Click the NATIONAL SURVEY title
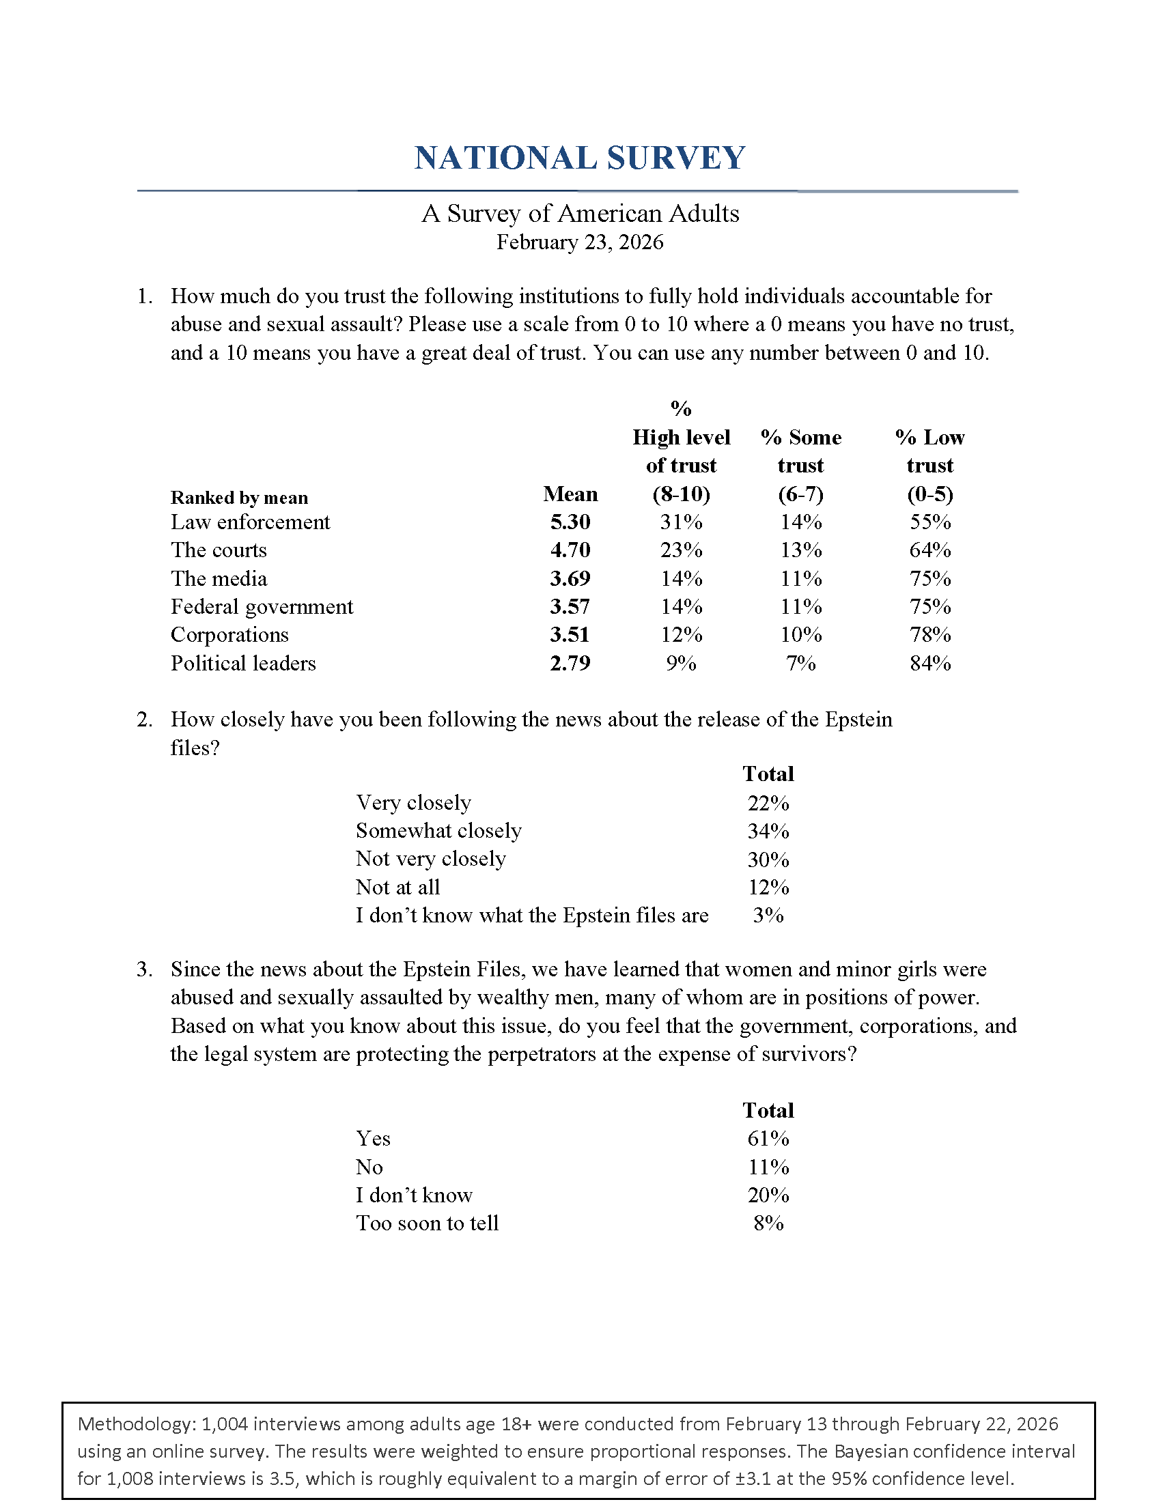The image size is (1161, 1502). pos(580,158)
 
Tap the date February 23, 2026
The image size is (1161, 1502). pos(580,242)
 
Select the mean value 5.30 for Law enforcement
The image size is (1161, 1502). pos(570,522)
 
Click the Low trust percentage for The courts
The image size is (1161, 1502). pos(930,550)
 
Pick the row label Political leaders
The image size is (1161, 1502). pos(244,663)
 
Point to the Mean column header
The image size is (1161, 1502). pos(570,494)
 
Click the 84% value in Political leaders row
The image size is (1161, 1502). pos(930,663)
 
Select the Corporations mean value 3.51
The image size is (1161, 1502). pos(570,635)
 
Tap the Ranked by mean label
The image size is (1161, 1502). pos(239,498)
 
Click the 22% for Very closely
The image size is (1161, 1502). pos(768,803)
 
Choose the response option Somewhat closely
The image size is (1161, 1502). pos(439,831)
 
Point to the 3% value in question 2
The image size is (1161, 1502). pos(768,916)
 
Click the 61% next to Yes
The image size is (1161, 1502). pos(768,1138)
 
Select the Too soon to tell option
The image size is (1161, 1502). pos(427,1223)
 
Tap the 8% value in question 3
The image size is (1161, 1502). pos(768,1223)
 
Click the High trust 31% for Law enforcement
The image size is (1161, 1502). pos(681,522)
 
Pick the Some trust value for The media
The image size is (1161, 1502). pos(800,578)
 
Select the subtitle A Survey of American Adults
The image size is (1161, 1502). pos(580,214)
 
